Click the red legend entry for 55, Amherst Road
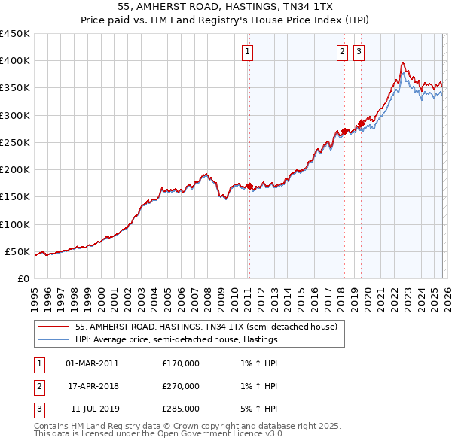(210, 327)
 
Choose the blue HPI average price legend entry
(176, 339)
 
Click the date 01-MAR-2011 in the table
(92, 363)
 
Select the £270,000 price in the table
(181, 386)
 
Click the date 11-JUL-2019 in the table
(92, 409)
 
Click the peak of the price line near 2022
(404, 63)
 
